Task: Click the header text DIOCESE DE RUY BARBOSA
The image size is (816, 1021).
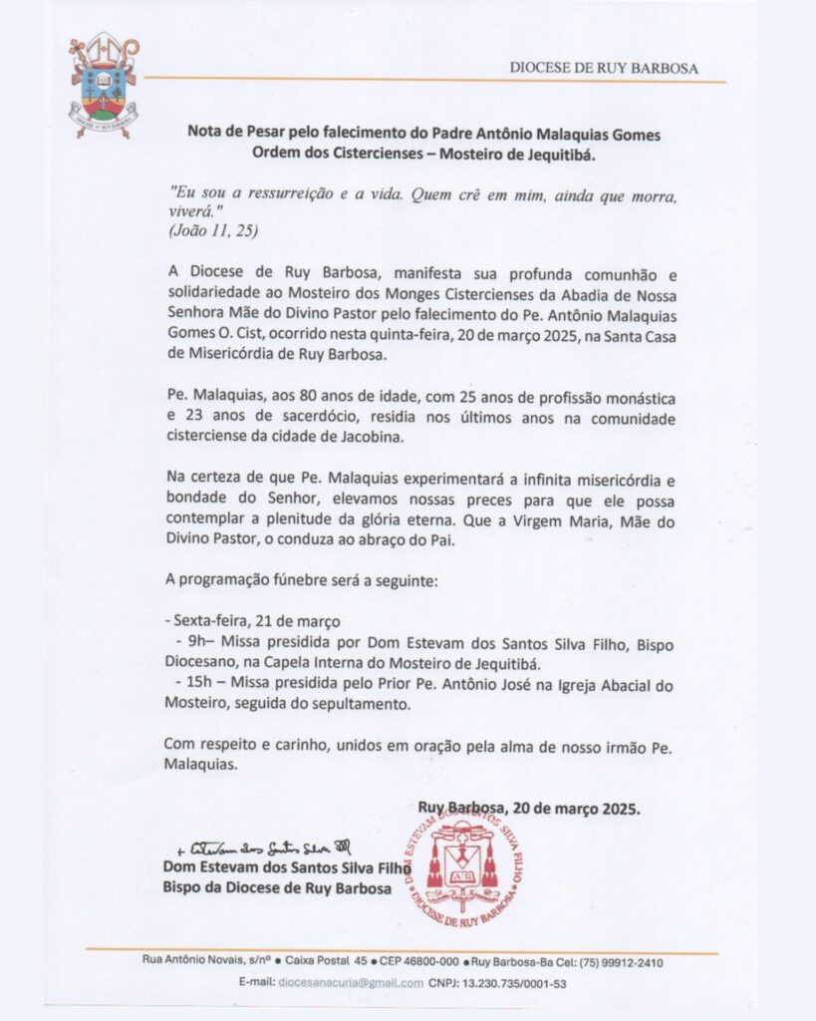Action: tap(604, 68)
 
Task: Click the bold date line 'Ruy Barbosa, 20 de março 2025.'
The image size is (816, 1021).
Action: tap(529, 809)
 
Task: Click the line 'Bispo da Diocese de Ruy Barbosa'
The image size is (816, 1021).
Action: tap(277, 888)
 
